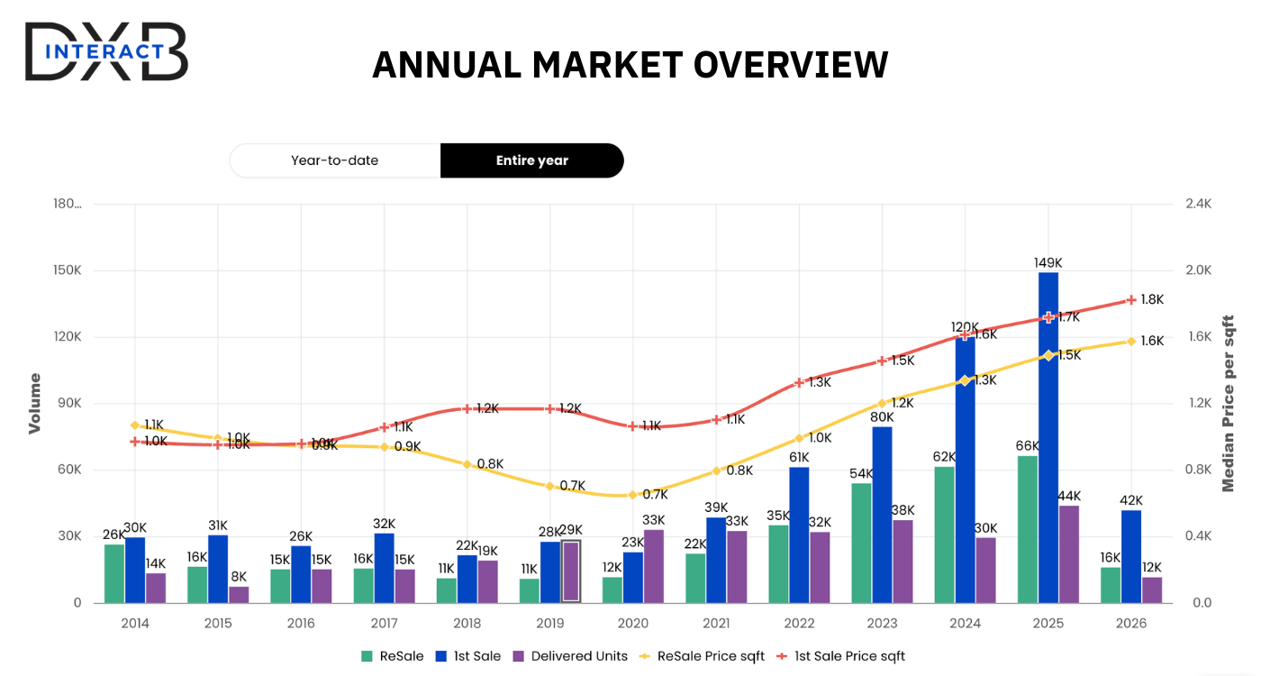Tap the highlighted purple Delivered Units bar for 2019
[x=571, y=571]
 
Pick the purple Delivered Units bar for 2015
[x=239, y=594]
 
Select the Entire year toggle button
[x=531, y=160]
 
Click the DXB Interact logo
[x=106, y=51]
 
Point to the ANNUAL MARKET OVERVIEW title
[x=630, y=65]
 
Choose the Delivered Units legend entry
[x=569, y=656]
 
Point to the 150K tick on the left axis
[x=65, y=270]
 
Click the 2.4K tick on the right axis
[x=1197, y=205]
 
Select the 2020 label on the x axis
[x=633, y=623]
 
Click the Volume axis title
[x=35, y=403]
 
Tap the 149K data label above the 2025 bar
[x=1048, y=263]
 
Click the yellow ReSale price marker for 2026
[x=1131, y=341]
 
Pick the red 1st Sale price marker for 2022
[x=799, y=383]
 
